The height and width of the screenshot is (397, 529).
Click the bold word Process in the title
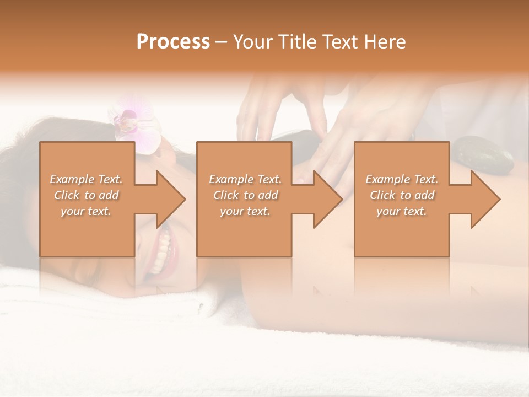point(173,42)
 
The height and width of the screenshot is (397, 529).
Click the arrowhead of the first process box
point(170,199)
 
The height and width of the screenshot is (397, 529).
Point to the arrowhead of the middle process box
point(327,199)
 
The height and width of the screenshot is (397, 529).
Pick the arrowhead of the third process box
point(485,199)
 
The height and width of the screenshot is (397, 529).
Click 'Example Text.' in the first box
point(86,179)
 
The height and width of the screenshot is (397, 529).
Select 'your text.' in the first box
point(86,211)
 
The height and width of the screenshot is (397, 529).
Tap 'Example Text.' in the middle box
point(245,179)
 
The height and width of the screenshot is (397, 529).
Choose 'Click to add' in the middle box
point(245,195)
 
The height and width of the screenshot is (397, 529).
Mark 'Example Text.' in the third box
point(402,179)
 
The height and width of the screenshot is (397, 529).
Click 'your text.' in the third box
point(402,211)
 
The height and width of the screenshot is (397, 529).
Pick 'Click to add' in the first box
point(86,195)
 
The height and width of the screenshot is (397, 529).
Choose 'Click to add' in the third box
point(402,195)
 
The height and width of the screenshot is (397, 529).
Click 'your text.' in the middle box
point(245,211)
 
